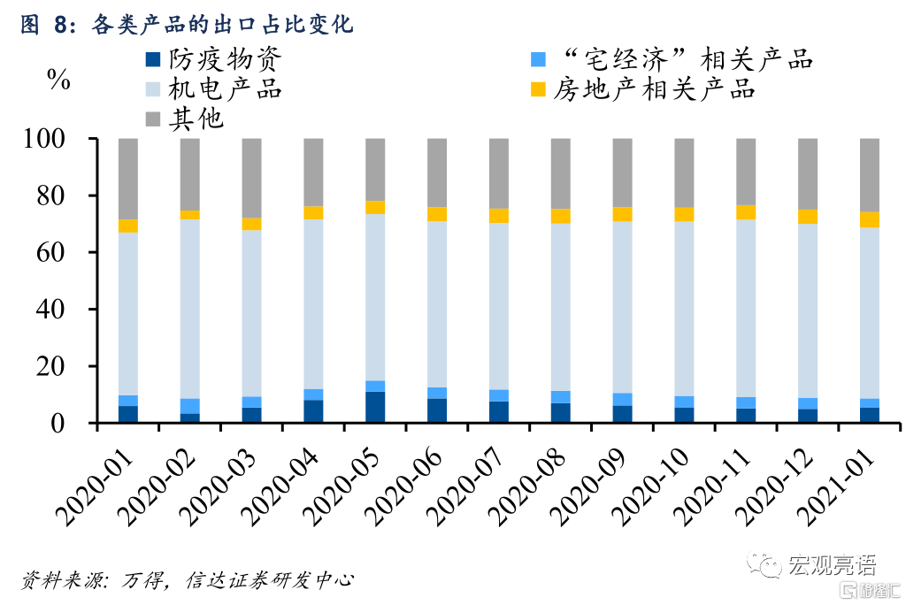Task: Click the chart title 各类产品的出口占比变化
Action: click(x=221, y=26)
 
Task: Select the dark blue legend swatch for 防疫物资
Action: click(x=153, y=60)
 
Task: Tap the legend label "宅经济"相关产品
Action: click(x=687, y=60)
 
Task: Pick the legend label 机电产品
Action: click(x=230, y=89)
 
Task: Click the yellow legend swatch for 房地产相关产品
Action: click(x=537, y=89)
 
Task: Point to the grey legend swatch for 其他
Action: click(x=153, y=118)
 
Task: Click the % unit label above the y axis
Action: click(x=58, y=80)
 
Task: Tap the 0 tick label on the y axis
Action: click(x=81, y=423)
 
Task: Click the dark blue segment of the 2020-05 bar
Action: click(x=376, y=407)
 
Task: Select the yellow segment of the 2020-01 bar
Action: click(x=128, y=226)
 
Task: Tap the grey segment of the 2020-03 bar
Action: click(x=252, y=178)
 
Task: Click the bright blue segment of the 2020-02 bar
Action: click(x=190, y=406)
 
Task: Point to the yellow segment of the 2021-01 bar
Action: click(x=871, y=219)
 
